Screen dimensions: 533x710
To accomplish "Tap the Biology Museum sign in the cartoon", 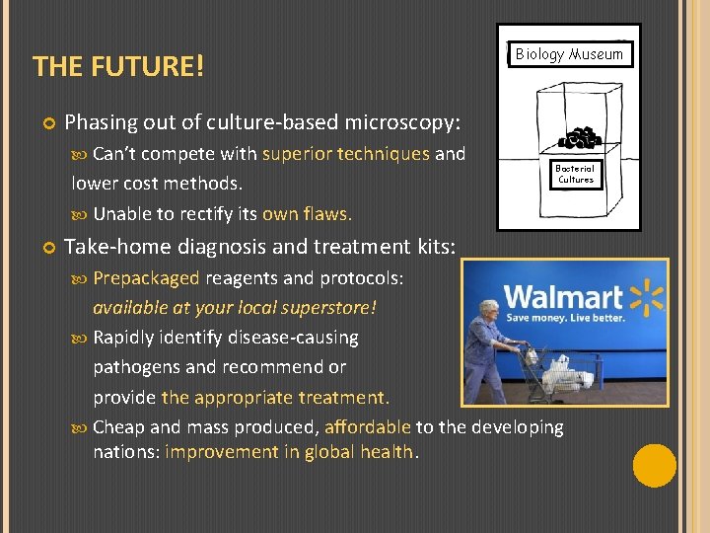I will pos(569,54).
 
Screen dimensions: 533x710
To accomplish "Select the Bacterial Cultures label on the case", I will pos(576,175).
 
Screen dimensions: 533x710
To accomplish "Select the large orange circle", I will pos(654,466).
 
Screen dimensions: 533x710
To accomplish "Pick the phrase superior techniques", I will pos(345,154).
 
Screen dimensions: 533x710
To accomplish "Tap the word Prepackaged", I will pos(146,278).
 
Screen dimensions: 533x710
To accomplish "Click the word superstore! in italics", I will pos(329,307).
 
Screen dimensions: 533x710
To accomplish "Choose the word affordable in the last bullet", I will pos(367,427).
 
